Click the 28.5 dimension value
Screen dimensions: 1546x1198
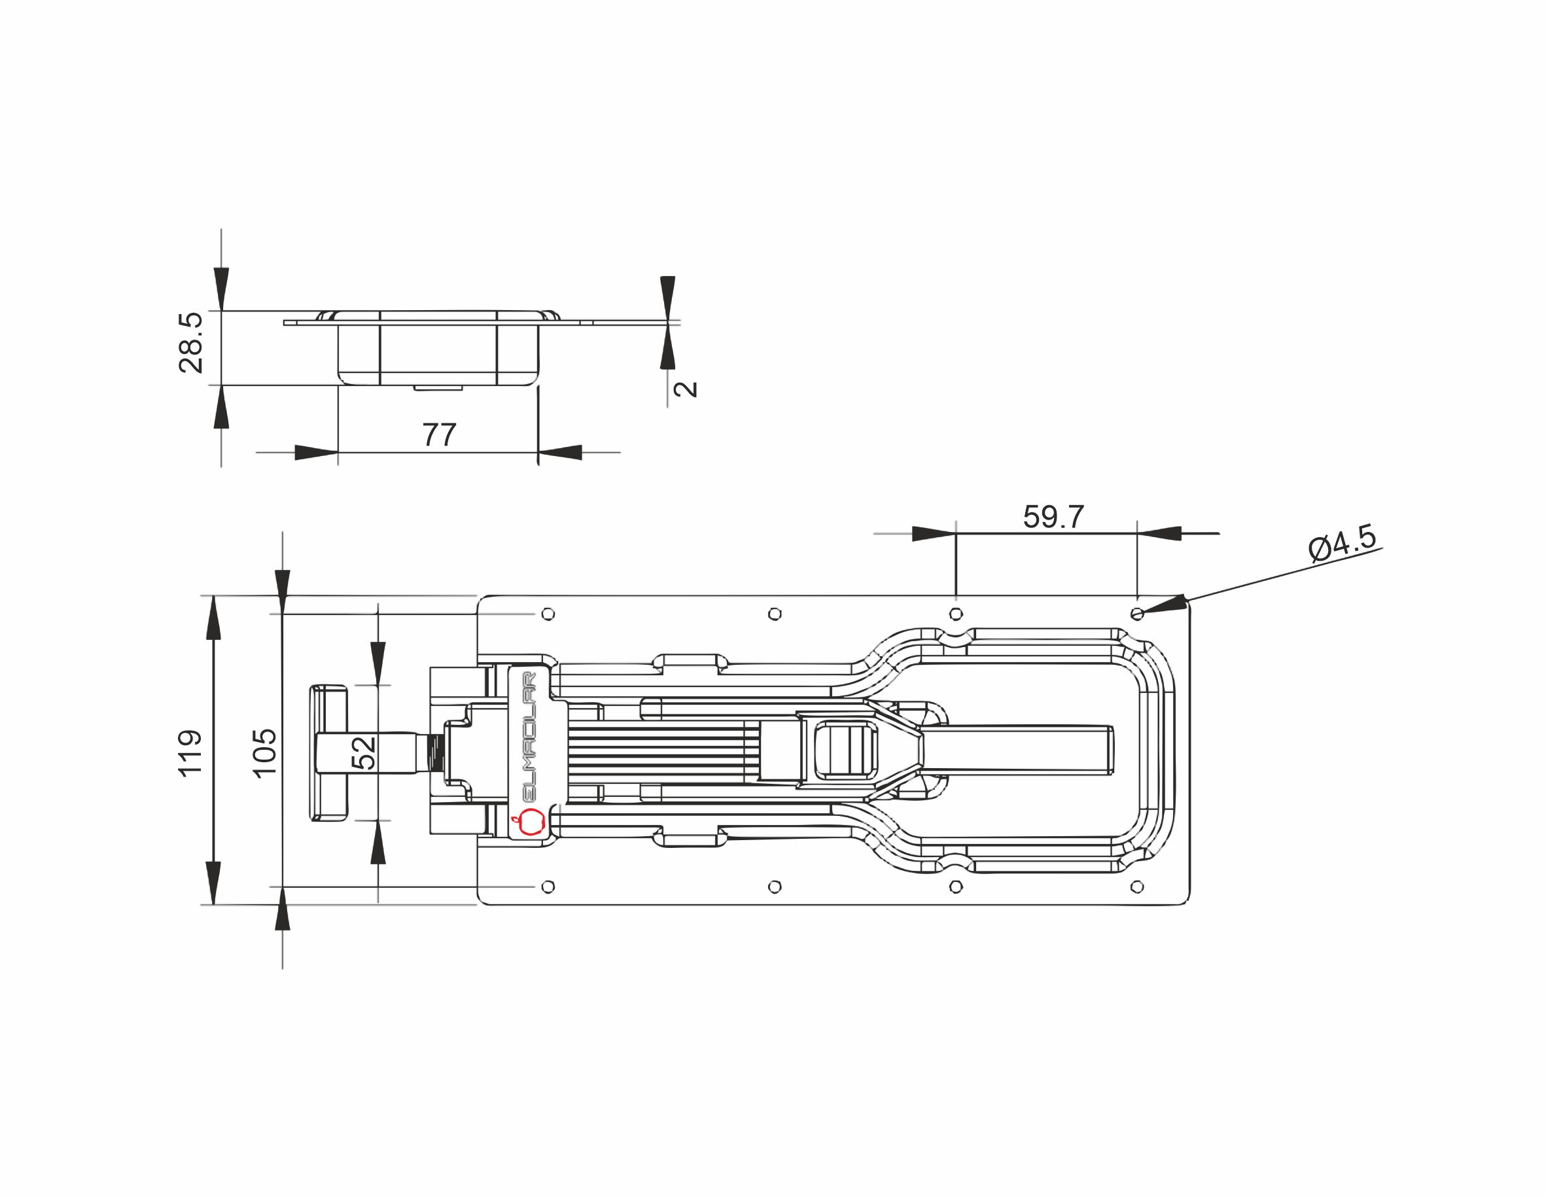(x=190, y=343)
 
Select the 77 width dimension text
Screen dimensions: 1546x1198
(x=440, y=434)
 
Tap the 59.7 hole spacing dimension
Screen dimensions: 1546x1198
(x=1053, y=517)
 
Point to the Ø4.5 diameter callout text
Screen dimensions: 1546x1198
(x=1343, y=543)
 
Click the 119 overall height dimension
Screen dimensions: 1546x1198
(x=190, y=753)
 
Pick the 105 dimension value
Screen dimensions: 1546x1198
(x=265, y=753)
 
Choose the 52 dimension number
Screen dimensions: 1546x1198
(x=363, y=752)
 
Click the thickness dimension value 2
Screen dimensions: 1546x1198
(x=685, y=389)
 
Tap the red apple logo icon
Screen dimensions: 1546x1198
(x=527, y=822)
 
